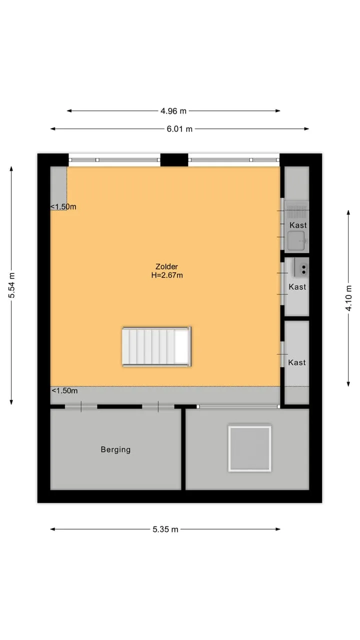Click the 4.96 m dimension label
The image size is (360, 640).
173,111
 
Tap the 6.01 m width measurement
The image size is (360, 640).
179,129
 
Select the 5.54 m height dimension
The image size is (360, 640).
11,285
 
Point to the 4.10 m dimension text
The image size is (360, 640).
348,297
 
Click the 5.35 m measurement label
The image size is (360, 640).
165,529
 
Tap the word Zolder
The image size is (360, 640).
166,266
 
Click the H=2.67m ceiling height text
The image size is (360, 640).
167,275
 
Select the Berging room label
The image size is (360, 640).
115,449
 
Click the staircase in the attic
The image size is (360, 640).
156,346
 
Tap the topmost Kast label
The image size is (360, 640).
298,225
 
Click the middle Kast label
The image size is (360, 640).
297,287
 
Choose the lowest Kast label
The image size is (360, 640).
297,362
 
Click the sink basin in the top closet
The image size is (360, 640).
296,241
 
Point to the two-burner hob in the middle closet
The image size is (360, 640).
301,269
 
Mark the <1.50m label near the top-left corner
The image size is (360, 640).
63,206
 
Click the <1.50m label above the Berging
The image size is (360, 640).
64,390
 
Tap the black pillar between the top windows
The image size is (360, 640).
174,159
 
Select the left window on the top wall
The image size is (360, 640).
114,160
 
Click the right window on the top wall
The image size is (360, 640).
233,160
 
